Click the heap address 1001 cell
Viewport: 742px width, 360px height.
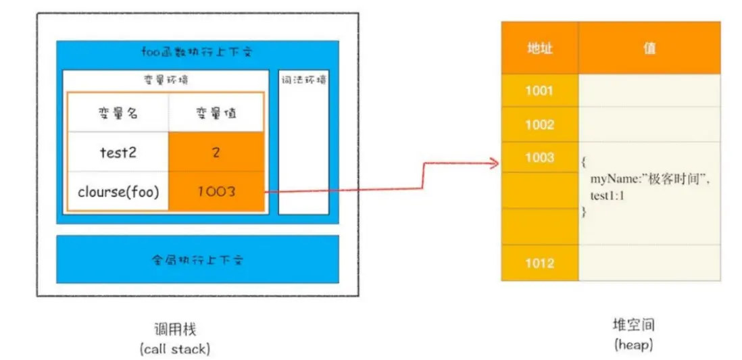point(539,91)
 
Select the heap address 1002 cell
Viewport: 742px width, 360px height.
point(539,124)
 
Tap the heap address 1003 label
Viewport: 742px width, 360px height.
point(539,157)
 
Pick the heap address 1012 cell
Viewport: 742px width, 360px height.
point(539,263)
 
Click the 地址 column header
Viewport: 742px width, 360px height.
point(539,48)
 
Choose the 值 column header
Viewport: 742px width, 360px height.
point(649,48)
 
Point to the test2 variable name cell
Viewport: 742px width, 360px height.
point(118,153)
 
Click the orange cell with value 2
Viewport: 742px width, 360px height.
point(216,153)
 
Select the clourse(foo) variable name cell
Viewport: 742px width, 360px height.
point(118,191)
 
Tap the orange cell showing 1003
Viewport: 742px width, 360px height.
point(216,191)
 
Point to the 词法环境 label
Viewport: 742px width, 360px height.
point(303,80)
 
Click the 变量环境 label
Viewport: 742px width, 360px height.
point(166,80)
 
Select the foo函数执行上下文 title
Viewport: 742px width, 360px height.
point(197,52)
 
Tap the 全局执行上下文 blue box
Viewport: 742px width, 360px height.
point(197,259)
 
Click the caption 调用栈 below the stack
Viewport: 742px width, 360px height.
point(175,330)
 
